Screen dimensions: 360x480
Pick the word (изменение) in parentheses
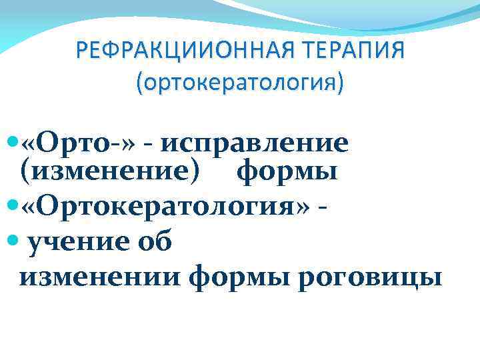tap(109, 173)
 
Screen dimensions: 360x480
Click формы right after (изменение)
tap(287, 173)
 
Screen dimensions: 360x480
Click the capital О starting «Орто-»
tap(50, 142)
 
